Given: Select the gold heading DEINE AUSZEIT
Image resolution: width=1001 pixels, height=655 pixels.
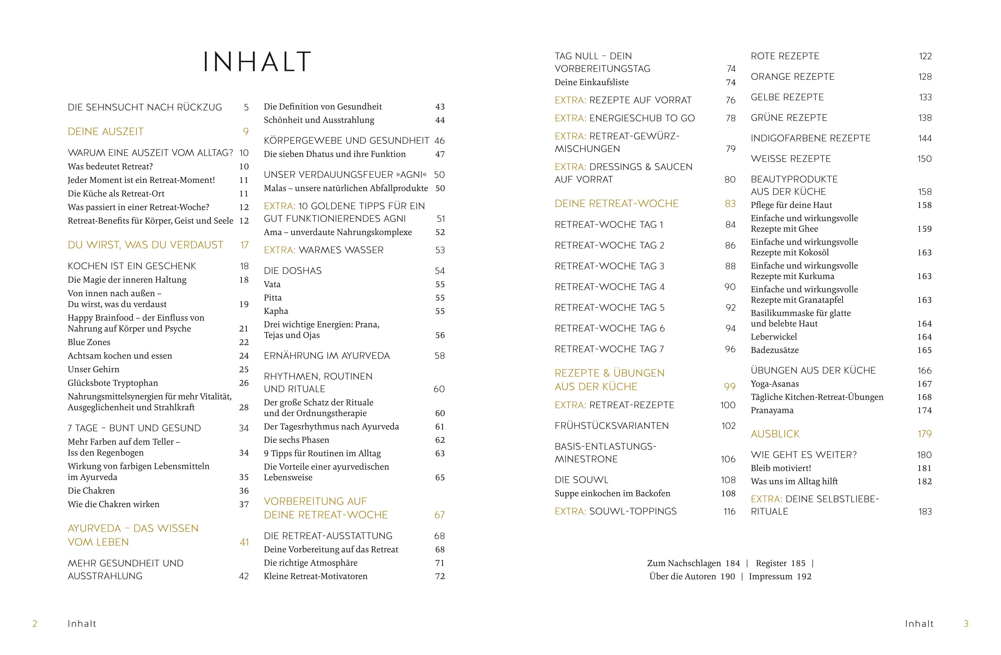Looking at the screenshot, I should click(106, 132).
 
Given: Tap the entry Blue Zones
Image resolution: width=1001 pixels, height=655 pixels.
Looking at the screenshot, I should click(89, 342).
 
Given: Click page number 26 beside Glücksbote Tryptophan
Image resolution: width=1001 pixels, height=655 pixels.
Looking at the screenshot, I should click(244, 383).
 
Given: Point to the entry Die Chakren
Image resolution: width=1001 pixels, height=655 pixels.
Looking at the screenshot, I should click(91, 490).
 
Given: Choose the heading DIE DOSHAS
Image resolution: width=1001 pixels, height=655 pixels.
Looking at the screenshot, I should click(292, 270).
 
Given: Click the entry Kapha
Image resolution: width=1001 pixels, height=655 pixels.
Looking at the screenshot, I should click(276, 311).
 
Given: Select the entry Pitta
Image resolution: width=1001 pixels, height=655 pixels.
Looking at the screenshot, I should click(273, 297).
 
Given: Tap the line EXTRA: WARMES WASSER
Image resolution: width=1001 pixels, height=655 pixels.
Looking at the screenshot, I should click(323, 250).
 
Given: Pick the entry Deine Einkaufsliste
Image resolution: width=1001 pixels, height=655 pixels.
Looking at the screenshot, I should click(591, 82).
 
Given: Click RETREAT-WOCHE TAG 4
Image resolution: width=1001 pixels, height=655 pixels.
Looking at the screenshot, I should click(610, 287).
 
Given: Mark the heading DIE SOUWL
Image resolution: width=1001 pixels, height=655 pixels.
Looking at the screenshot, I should click(581, 480).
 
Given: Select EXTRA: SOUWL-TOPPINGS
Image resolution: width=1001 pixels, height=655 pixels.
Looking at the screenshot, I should click(615, 511).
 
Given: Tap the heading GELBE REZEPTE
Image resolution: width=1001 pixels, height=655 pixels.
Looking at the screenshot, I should click(787, 97).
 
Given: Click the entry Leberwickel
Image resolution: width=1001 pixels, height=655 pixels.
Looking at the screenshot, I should click(774, 336).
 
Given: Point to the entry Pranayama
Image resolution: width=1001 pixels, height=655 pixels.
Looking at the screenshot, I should click(772, 410).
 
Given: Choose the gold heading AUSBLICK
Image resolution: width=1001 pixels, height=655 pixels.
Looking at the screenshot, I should click(775, 434).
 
